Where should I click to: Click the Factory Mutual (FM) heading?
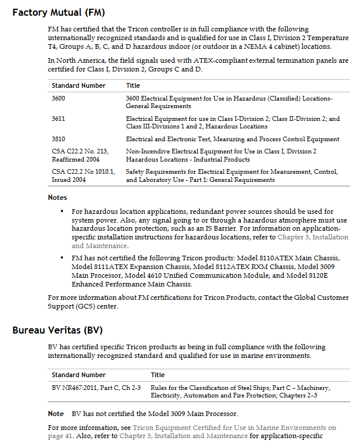pos(59,12)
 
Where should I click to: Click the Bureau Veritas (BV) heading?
pos(58,331)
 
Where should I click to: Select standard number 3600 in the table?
pos(58,98)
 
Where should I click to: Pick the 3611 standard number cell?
pos(58,119)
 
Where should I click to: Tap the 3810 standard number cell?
pos(58,139)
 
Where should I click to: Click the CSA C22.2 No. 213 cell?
pos(80,151)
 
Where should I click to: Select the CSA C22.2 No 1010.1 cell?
pos(83,171)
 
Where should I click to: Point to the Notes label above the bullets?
pos(57,198)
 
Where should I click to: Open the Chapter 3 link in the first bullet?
pos(313,237)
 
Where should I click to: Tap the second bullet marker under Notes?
pos(62,257)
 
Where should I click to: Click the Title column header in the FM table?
pos(133,85)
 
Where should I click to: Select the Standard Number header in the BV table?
pos(79,375)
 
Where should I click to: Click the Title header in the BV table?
pos(158,375)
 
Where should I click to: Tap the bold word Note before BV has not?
pos(56,414)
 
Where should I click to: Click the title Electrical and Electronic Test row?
pos(233,139)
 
